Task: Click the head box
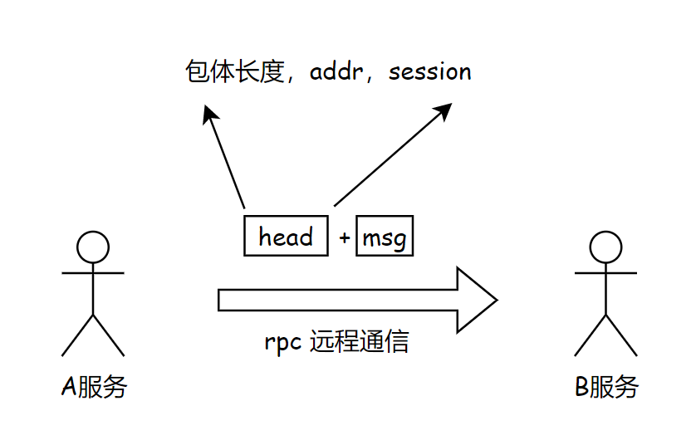point(286,237)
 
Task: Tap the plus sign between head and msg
point(345,238)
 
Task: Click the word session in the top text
point(430,72)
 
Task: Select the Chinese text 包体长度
point(233,72)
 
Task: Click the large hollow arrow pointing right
point(349,300)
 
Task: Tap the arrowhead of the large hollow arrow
point(478,300)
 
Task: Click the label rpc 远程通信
point(336,342)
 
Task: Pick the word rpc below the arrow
point(282,343)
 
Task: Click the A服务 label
point(94,386)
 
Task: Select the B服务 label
point(607,386)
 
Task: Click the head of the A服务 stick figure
point(93,247)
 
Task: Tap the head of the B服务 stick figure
point(606,247)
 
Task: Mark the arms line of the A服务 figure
point(93,272)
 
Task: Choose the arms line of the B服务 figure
point(606,272)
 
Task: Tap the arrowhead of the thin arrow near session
point(444,110)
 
